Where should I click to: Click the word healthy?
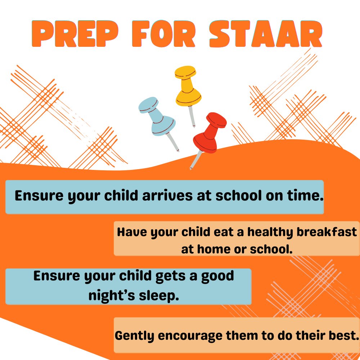[x=267, y=232]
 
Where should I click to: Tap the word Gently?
[x=135, y=336]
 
